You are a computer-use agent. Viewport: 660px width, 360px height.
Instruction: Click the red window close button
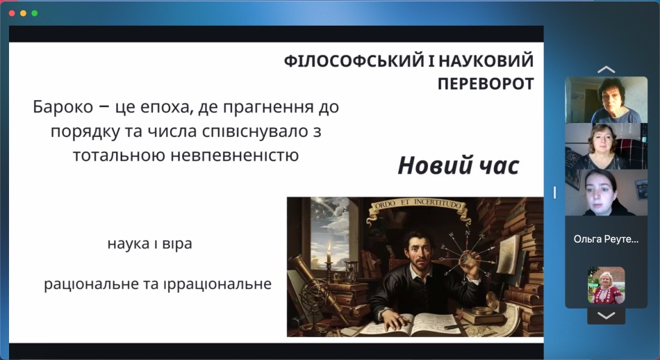[x=12, y=13]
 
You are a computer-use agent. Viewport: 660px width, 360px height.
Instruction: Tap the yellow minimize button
[x=23, y=13]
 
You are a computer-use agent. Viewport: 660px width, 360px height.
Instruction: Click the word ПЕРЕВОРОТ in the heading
[x=486, y=84]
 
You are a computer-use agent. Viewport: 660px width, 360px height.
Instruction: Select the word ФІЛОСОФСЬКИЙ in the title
[x=354, y=61]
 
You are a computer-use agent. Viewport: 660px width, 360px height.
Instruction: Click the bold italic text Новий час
[x=459, y=165]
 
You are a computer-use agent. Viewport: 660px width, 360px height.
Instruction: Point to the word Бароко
[x=63, y=107]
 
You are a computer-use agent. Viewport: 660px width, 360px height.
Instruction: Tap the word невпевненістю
[x=235, y=156]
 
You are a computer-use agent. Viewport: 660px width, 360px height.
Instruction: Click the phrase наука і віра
[x=150, y=243]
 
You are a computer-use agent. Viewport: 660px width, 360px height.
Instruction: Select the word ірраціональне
[x=217, y=284]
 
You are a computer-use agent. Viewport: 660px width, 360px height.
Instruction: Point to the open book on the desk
[x=413, y=325]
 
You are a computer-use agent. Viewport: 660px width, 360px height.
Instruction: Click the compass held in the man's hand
[x=466, y=258]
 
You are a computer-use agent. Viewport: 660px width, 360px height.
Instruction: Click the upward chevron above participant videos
[x=606, y=69]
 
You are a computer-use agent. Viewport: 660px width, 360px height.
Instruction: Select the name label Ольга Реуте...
[x=606, y=239]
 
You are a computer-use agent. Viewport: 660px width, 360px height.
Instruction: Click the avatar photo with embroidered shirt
[x=606, y=286]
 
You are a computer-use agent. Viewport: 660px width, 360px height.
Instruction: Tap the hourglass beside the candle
[x=352, y=272]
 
